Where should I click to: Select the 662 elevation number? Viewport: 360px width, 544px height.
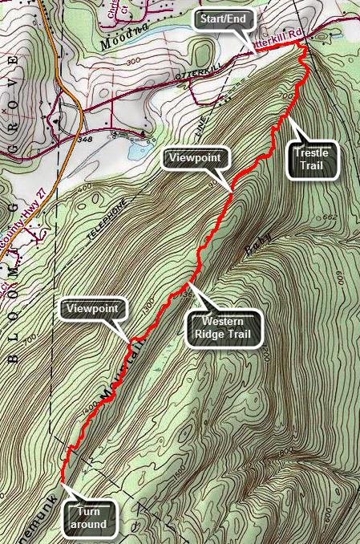(x=331, y=217)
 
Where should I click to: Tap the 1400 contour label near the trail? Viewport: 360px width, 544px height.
(x=89, y=410)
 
